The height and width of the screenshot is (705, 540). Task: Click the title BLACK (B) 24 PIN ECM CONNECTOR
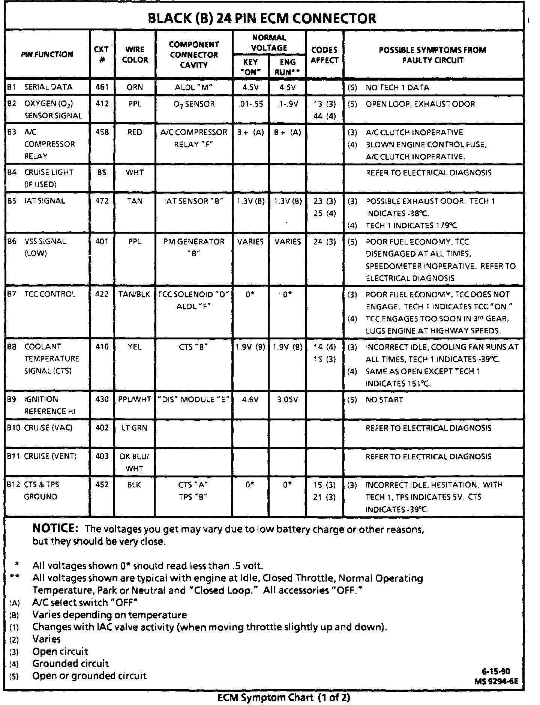[262, 18]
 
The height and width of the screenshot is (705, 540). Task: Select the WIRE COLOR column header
[135, 54]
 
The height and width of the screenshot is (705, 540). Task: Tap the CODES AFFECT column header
[324, 55]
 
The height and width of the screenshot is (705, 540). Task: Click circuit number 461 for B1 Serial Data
[102, 87]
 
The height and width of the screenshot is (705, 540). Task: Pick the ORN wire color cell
[135, 87]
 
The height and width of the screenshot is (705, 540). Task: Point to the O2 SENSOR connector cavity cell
[194, 104]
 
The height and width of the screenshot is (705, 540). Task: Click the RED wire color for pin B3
[135, 132]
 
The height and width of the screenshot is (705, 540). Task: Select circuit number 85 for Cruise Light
[102, 172]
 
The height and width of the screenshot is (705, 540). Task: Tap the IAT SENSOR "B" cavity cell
[194, 201]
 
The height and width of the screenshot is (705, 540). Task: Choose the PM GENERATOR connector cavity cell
[194, 242]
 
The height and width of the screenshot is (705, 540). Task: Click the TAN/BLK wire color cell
[135, 294]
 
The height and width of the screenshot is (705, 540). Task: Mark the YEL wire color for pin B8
[135, 347]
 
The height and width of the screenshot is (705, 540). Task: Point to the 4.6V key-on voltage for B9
[250, 399]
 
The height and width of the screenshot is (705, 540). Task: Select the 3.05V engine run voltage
[287, 399]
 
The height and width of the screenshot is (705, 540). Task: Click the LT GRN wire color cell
[134, 428]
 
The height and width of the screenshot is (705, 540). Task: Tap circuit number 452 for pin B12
[102, 484]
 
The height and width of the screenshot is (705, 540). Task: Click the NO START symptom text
[384, 400]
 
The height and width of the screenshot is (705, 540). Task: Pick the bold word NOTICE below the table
[55, 529]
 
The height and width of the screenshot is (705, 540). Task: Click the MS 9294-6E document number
[496, 681]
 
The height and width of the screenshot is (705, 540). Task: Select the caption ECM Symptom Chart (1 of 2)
[284, 697]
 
